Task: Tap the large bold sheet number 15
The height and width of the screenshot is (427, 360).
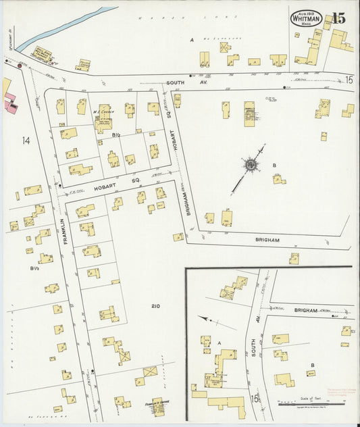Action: point(338,18)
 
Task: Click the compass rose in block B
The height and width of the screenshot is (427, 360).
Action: point(250,164)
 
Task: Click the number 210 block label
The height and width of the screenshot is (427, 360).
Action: point(155,307)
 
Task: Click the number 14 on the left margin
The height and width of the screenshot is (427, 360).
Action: point(26,141)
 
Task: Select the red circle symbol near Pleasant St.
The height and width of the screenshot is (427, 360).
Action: point(20,66)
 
